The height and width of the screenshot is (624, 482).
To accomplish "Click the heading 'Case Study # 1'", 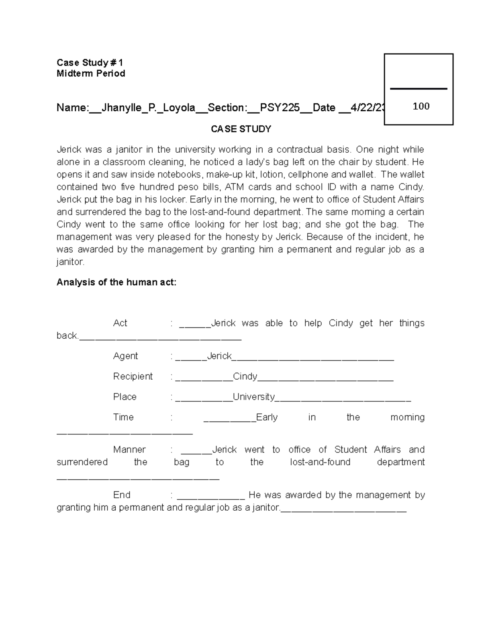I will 90,63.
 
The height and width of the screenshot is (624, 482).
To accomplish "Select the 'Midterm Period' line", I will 91,74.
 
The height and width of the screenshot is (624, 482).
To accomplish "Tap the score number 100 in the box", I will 421,106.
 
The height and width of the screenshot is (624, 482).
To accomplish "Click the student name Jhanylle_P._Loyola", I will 148,108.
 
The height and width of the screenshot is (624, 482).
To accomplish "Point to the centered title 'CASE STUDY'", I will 241,129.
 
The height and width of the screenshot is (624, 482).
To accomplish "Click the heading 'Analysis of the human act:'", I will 116,282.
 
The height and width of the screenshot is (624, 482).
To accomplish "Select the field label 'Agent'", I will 125,356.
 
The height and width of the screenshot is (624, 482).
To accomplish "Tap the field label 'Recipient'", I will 133,376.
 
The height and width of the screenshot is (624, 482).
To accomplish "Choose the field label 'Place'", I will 125,397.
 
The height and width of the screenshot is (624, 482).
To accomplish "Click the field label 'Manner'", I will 129,450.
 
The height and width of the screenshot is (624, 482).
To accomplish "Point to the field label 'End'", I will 122,495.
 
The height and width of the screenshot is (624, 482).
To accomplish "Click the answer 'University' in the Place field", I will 254,397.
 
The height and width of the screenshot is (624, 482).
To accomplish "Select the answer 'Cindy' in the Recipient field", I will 245,376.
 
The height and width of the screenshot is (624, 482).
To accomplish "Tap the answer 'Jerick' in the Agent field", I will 219,356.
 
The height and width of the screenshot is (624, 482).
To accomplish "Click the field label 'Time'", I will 123,417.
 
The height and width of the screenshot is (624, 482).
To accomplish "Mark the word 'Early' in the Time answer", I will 267,417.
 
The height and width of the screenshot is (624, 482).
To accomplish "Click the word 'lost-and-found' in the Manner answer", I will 320,462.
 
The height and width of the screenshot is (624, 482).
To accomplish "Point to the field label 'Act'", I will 120,323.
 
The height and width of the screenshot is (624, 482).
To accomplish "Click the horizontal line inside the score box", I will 419,89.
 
